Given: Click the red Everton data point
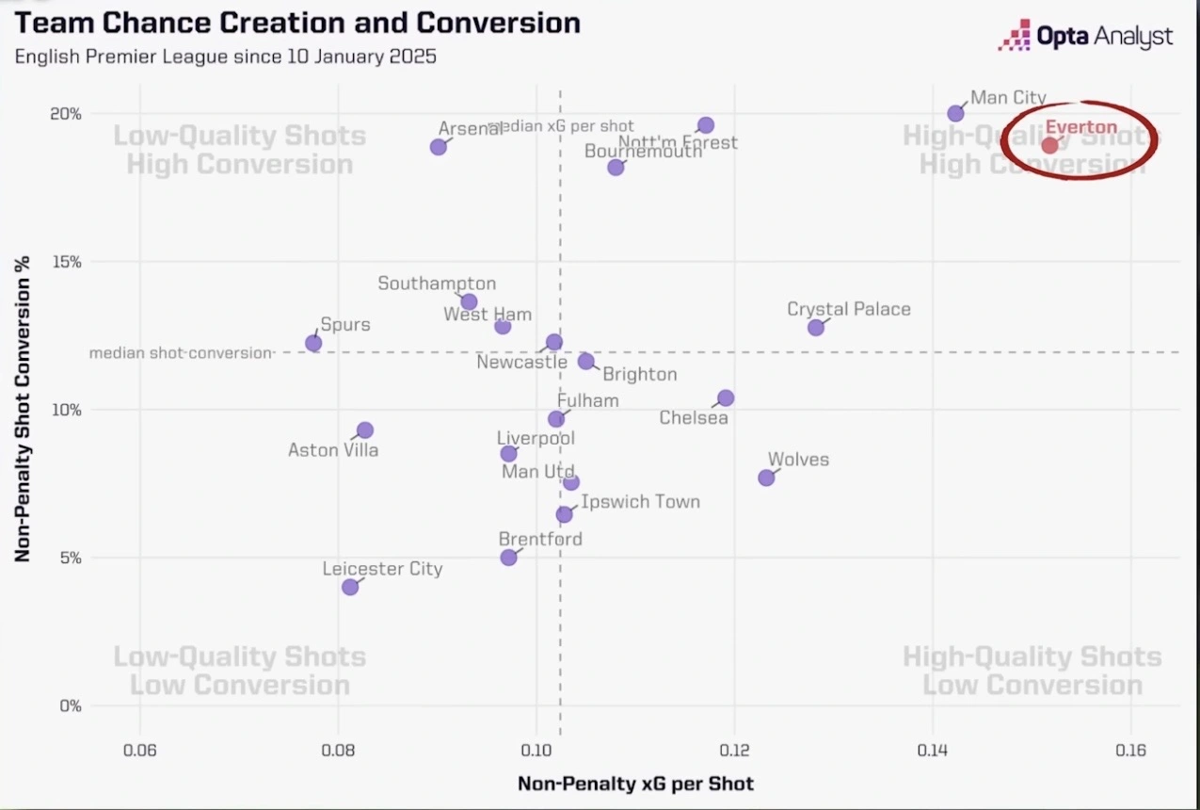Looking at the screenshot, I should click(x=1049, y=145).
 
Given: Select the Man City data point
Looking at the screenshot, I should click(x=955, y=113).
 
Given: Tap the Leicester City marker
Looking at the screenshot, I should click(x=350, y=587).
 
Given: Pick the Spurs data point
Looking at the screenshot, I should click(x=313, y=343).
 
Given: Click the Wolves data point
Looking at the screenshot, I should click(x=766, y=478).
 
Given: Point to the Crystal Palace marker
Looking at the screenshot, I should click(x=816, y=327).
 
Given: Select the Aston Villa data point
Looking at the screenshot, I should click(x=365, y=429).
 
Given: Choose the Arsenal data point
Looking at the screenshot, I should click(x=439, y=147).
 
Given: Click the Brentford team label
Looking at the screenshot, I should click(x=540, y=539).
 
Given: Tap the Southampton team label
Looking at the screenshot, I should click(x=437, y=283).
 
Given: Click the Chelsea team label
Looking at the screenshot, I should click(x=694, y=417).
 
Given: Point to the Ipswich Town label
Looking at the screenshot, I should click(x=640, y=501).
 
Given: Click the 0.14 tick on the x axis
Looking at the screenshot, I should click(x=933, y=750).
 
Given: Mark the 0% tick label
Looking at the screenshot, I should click(x=71, y=705).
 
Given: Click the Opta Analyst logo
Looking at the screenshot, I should click(x=1086, y=37).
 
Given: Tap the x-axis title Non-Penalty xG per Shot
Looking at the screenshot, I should click(x=635, y=784).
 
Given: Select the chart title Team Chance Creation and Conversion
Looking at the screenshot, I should click(x=297, y=23).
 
